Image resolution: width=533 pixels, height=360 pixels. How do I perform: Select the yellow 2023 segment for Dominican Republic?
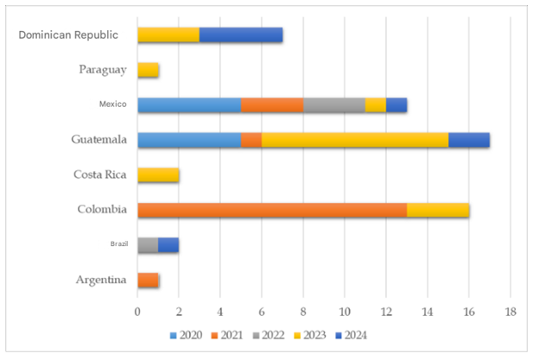[168, 35]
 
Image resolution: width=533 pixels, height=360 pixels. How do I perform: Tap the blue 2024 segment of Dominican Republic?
[241, 35]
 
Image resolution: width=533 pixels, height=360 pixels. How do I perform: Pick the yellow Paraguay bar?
[148, 70]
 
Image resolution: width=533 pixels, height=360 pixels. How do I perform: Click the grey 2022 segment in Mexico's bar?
[333, 104]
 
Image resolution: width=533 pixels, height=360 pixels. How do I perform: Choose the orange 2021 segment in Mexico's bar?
[272, 104]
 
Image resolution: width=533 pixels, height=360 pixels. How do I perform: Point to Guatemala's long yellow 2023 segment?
[355, 140]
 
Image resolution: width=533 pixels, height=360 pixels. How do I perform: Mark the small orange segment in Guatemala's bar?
[251, 140]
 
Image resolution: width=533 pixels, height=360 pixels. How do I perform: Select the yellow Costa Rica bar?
[158, 174]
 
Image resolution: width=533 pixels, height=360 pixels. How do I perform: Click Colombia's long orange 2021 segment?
[272, 210]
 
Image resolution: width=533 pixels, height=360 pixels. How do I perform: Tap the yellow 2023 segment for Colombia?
[438, 210]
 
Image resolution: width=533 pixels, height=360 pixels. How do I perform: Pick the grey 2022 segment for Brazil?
[148, 244]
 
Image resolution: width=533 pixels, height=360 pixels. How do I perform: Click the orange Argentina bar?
[148, 280]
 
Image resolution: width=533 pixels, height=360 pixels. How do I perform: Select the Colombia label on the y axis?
[102, 210]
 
